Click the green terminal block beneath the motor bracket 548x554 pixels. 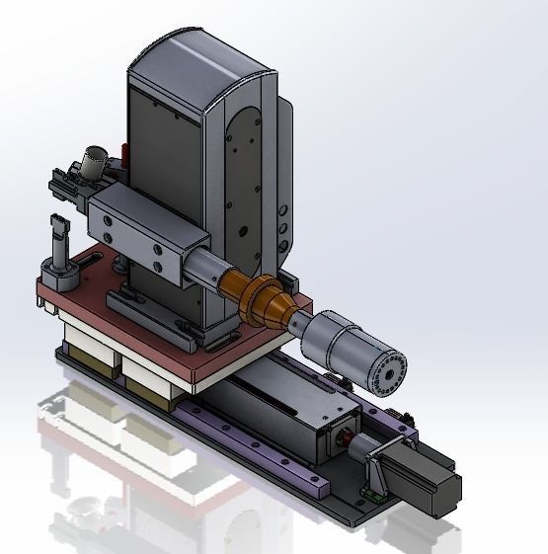370,491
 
